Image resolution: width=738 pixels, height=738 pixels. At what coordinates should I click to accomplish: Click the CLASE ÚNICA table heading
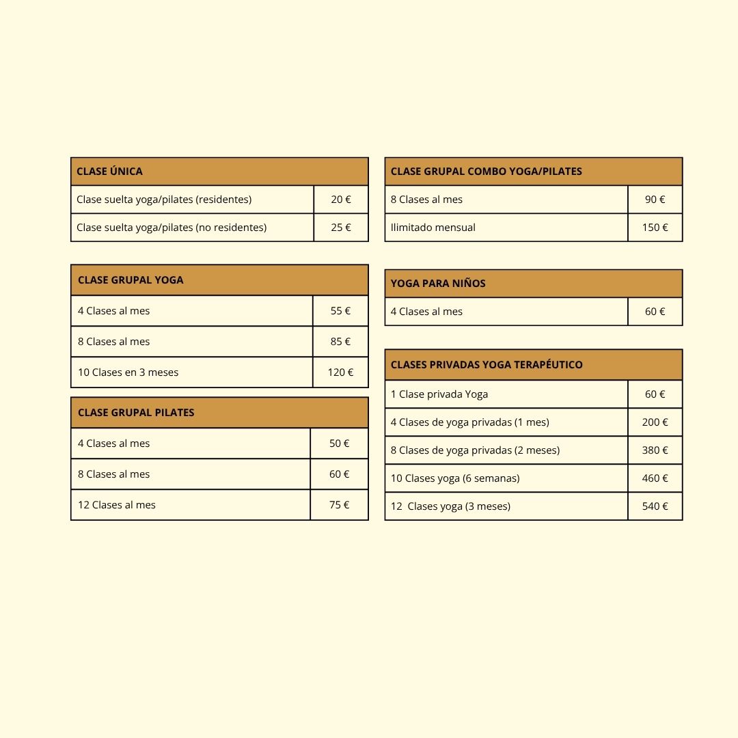pyautogui.click(x=109, y=172)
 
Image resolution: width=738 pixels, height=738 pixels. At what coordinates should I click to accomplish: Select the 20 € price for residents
pyautogui.click(x=341, y=200)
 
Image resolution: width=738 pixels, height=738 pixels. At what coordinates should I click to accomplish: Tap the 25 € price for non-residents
pyautogui.click(x=341, y=228)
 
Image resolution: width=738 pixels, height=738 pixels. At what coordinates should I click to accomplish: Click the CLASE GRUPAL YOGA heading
pyautogui.click(x=131, y=280)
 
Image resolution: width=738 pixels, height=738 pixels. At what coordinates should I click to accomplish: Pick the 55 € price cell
pyautogui.click(x=340, y=311)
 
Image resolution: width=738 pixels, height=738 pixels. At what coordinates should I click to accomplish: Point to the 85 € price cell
pyautogui.click(x=340, y=342)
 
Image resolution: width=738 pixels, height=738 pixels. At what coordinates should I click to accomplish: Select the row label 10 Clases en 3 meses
pyautogui.click(x=128, y=372)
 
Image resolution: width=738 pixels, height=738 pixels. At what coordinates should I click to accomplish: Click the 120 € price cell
pyautogui.click(x=340, y=372)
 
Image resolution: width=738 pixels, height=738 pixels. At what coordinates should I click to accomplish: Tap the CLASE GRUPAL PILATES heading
pyautogui.click(x=136, y=413)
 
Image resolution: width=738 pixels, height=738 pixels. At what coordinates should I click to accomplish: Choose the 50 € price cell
pyautogui.click(x=339, y=443)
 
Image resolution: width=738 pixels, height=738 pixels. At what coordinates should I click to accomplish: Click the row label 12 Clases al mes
pyautogui.click(x=117, y=505)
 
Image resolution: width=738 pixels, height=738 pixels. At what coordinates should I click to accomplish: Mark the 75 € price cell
pyautogui.click(x=339, y=505)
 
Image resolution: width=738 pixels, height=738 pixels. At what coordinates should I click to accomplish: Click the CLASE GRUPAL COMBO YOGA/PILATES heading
pyautogui.click(x=486, y=172)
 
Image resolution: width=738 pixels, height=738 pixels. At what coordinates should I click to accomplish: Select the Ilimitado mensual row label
pyautogui.click(x=433, y=228)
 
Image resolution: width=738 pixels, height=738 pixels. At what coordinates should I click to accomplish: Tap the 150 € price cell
pyautogui.click(x=655, y=228)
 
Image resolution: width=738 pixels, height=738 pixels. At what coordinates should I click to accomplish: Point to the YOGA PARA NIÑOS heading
pyautogui.click(x=438, y=284)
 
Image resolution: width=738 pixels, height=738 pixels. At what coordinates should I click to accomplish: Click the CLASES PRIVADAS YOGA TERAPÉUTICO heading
pyautogui.click(x=487, y=365)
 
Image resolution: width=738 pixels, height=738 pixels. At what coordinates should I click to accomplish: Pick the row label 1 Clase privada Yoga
pyautogui.click(x=439, y=394)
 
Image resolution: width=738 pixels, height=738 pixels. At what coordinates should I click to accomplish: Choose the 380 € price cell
pyautogui.click(x=655, y=450)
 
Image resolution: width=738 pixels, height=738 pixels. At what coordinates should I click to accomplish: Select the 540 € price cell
pyautogui.click(x=655, y=506)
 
